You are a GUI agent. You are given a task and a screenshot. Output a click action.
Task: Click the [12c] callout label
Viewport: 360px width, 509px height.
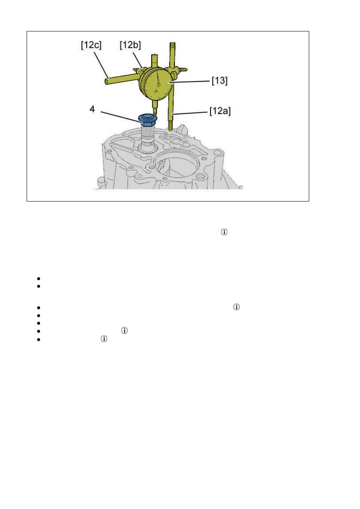pyautogui.click(x=91, y=45)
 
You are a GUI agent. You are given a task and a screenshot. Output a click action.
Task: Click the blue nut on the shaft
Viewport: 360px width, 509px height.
pyautogui.click(x=147, y=120)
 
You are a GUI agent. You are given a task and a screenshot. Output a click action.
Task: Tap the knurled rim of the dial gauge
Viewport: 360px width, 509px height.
pyautogui.click(x=144, y=81)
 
